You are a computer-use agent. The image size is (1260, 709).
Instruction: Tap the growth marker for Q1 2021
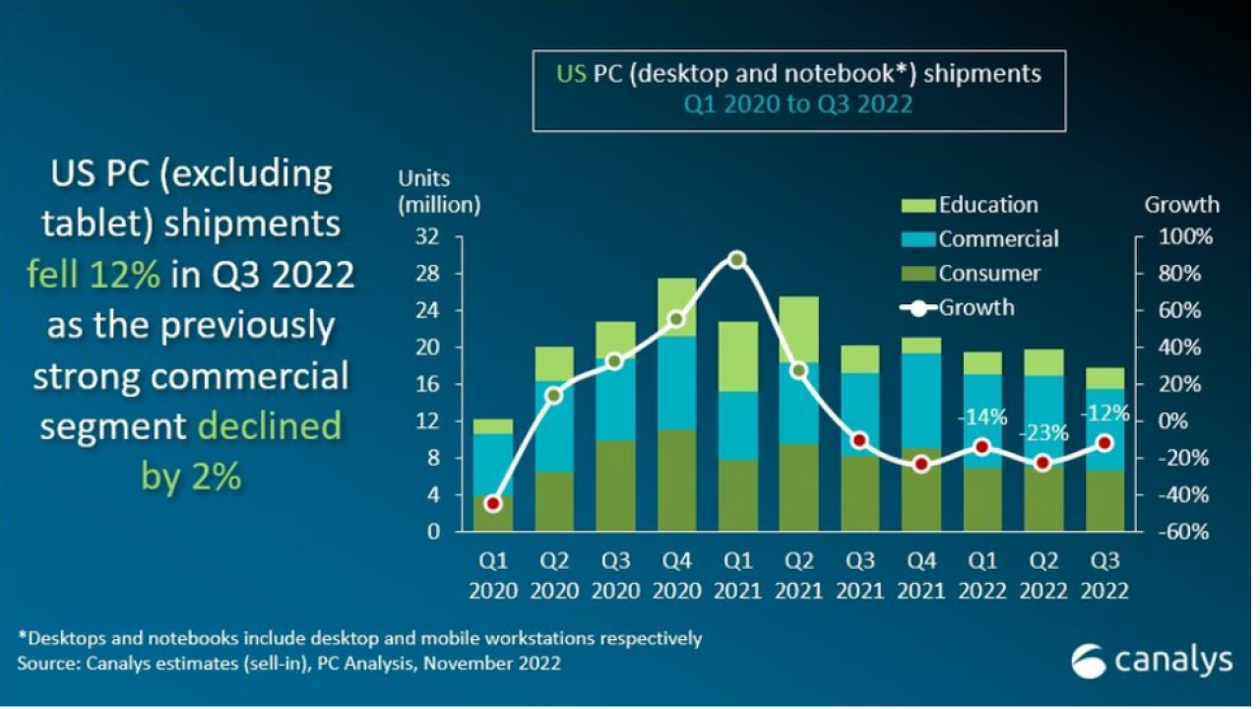(x=737, y=260)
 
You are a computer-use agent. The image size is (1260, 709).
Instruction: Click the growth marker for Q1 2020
(x=493, y=503)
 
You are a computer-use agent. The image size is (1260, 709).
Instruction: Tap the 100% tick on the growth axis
(x=1189, y=237)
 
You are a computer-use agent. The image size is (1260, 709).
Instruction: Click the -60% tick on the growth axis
(x=1189, y=532)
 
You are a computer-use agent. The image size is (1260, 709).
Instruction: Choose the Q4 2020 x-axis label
(x=676, y=576)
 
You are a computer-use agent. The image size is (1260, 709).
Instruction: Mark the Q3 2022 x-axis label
(x=1104, y=576)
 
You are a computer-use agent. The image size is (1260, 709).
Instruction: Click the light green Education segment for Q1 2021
(x=737, y=356)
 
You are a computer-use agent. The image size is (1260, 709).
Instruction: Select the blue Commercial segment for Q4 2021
(x=920, y=400)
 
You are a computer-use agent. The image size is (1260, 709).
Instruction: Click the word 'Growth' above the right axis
(x=1181, y=205)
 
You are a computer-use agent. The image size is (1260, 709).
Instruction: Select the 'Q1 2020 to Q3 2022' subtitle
(x=798, y=103)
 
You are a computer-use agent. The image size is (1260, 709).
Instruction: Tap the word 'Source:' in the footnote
(x=51, y=664)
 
